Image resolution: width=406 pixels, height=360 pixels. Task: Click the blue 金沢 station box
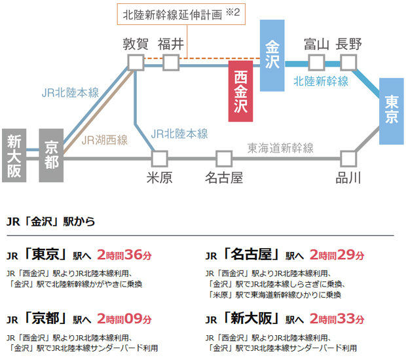click(272, 55)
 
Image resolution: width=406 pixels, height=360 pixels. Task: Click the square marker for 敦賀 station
click(136, 62)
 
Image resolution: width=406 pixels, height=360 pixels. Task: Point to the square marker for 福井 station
click(171, 62)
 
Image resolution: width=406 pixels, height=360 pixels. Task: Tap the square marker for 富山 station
click(317, 62)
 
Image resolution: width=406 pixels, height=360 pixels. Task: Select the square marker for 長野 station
click(348, 62)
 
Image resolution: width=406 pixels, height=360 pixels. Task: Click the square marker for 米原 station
click(159, 158)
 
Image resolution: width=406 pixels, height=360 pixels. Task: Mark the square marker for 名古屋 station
click(224, 158)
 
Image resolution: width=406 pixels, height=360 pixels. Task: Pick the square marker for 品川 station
click(348, 158)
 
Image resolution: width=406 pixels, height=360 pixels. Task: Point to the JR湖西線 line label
click(105, 139)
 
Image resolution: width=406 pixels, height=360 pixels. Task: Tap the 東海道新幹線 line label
click(281, 148)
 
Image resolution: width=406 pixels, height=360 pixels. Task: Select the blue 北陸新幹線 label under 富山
click(321, 82)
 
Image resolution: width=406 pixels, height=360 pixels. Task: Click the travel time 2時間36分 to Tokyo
click(124, 255)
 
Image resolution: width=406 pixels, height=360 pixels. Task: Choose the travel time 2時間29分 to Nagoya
click(337, 255)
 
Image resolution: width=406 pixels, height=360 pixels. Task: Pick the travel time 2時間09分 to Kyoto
click(124, 319)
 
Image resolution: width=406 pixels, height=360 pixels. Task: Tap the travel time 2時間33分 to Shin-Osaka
click(337, 319)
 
